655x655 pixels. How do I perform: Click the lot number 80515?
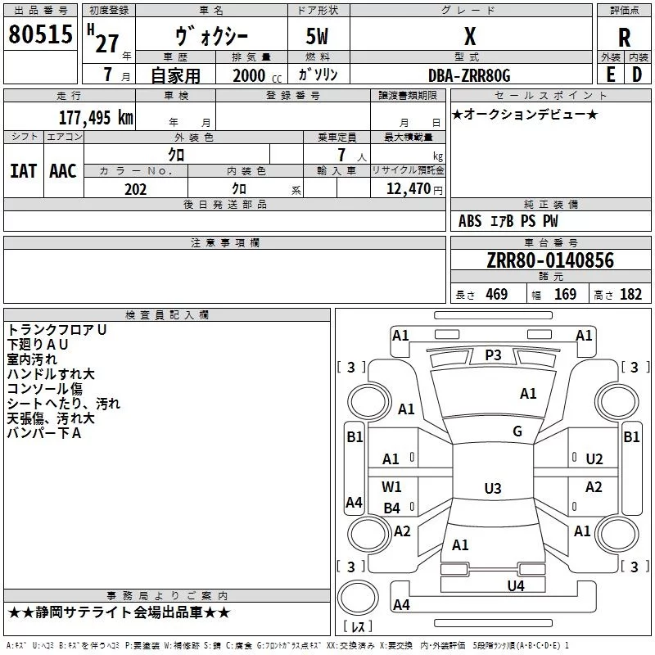coord(40,34)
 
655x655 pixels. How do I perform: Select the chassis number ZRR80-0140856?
coord(550,260)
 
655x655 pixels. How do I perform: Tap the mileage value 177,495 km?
coord(96,118)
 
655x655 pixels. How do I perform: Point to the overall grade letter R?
coord(624,38)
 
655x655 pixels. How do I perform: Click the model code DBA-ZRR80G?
coord(469,75)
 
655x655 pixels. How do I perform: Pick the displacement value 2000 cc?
coord(257,75)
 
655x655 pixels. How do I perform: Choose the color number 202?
coord(135,189)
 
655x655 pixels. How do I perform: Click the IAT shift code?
coord(23,171)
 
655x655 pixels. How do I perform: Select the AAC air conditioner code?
coord(63,171)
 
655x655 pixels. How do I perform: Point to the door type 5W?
coord(317,36)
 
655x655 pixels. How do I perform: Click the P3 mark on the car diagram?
coord(493,355)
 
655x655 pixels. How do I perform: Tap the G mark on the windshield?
coord(517,431)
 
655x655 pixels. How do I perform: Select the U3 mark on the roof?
coord(493,488)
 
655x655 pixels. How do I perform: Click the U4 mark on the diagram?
coord(516,586)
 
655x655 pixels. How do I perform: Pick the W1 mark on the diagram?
coord(391,486)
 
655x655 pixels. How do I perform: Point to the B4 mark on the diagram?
coord(391,508)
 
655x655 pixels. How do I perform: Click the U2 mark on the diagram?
coord(594,459)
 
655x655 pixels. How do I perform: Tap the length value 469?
coord(497,294)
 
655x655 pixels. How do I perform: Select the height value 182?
coord(630,294)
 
